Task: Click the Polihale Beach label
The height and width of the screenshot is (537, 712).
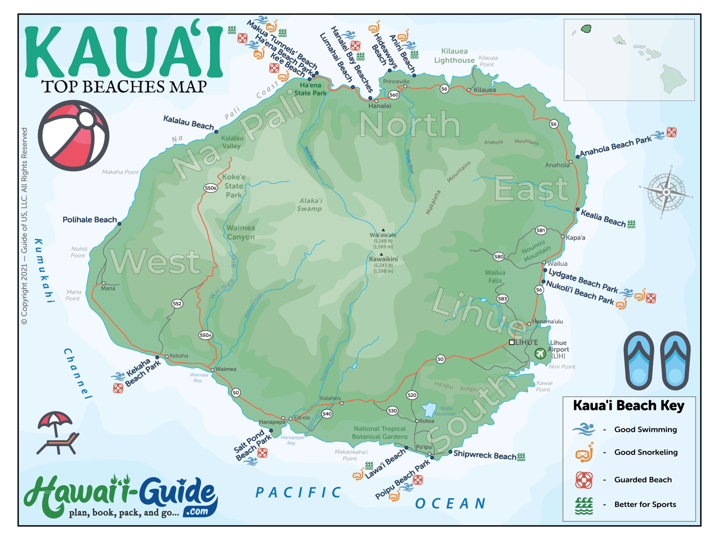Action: [x=90, y=220]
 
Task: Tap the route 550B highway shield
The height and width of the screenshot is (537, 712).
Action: [x=211, y=188]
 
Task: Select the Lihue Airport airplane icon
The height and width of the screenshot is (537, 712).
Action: [x=540, y=354]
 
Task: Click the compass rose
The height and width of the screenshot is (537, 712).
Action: [x=666, y=192]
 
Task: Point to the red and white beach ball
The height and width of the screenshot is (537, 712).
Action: [x=73, y=135]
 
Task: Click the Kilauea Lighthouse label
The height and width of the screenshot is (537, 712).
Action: [x=454, y=56]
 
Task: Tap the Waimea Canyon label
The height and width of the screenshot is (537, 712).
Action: [x=241, y=232]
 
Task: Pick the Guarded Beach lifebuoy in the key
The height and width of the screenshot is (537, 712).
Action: [x=584, y=480]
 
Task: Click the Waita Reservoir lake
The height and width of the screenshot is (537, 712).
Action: [x=429, y=409]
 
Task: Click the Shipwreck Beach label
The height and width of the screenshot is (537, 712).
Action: [x=484, y=455]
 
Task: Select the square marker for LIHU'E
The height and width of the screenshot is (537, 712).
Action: [x=511, y=342]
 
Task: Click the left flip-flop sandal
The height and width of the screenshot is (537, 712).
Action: [x=639, y=361]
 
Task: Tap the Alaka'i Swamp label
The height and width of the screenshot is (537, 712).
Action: [x=309, y=205]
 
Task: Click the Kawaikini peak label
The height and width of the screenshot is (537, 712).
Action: [x=383, y=259]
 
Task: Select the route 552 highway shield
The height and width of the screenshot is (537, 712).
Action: [x=177, y=304]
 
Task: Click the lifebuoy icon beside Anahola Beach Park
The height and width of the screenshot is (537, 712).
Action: [x=671, y=132]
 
